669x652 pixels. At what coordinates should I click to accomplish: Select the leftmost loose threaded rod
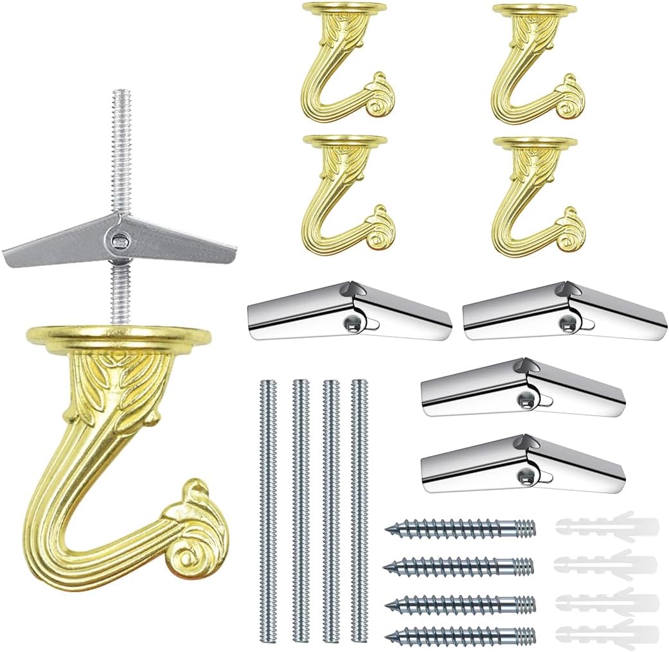coord(269,507)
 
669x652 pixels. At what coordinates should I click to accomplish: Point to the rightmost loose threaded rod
coord(360,507)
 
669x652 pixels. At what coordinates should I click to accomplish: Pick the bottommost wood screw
coord(460,636)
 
